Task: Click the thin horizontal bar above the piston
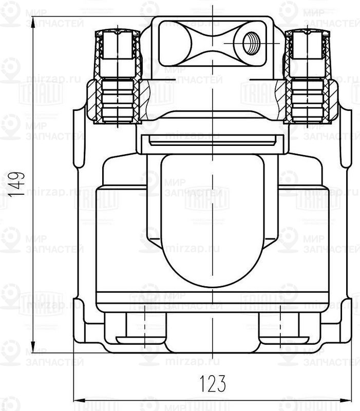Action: point(212,139)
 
